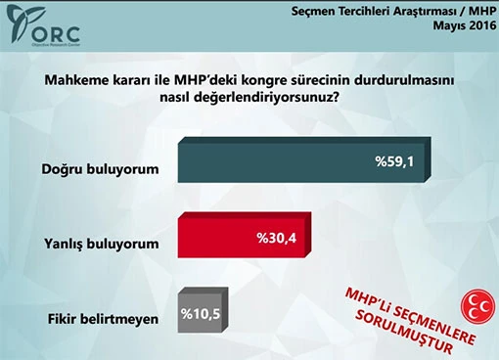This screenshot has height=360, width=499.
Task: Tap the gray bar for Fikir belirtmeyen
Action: pyautogui.click(x=200, y=312)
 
